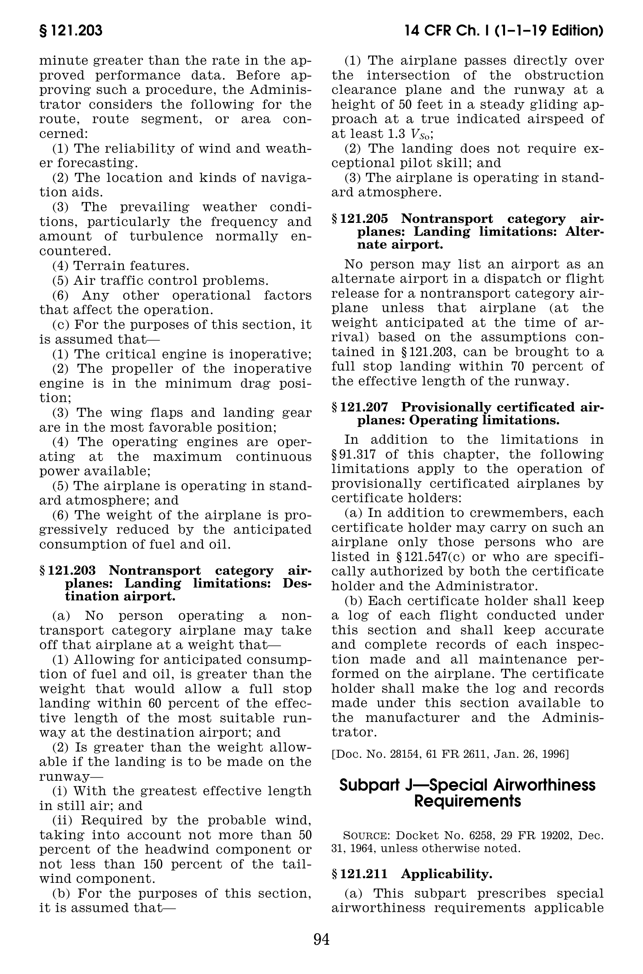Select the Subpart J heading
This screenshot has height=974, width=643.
(468, 793)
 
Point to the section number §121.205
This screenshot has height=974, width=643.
(360, 219)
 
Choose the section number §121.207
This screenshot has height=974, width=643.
(360, 407)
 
